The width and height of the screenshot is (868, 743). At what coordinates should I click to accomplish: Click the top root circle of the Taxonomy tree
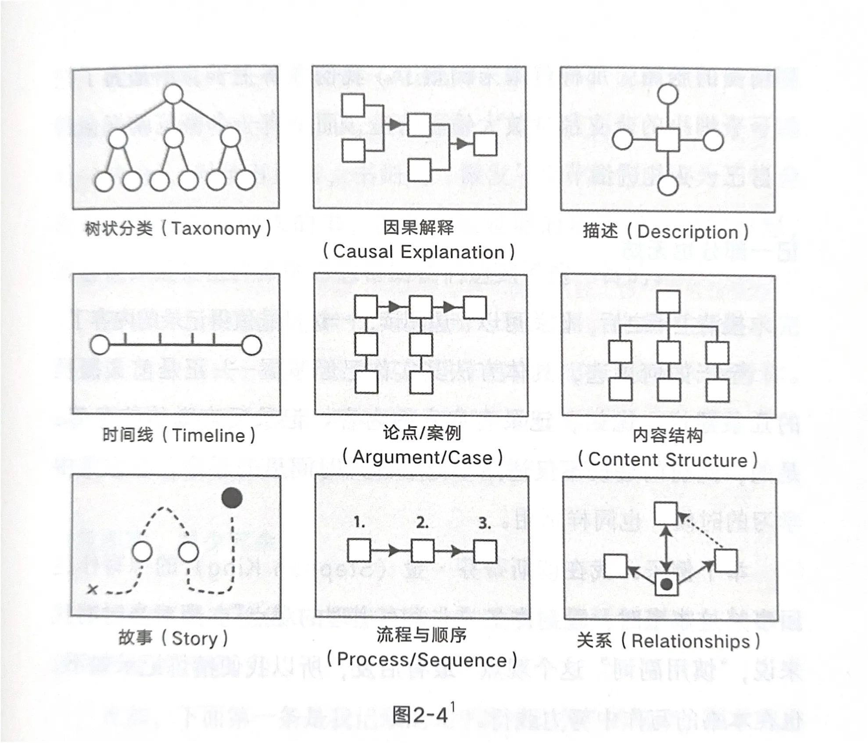click(173, 94)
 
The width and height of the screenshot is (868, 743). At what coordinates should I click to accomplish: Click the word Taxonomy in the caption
click(215, 229)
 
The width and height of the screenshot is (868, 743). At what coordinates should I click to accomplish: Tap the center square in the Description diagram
click(667, 141)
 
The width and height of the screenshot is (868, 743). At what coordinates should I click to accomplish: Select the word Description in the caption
click(687, 232)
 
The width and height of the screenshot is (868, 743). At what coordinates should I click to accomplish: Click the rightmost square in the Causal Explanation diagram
click(485, 144)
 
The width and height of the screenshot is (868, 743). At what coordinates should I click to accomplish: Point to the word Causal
click(363, 252)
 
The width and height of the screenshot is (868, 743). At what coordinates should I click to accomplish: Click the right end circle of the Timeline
click(251, 345)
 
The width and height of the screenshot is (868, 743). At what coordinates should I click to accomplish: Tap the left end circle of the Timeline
click(100, 345)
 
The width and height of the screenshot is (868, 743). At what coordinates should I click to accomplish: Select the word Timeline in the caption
click(208, 436)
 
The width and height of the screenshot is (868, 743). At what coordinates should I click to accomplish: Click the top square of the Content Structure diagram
click(668, 302)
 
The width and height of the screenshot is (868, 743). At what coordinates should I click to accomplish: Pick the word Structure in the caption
click(706, 460)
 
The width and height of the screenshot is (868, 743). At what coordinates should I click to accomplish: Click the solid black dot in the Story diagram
click(232, 498)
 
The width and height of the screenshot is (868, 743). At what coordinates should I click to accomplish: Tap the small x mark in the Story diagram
click(92, 589)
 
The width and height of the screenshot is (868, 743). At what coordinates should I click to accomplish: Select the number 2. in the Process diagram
click(422, 523)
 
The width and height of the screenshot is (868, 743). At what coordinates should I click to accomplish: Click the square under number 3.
click(485, 552)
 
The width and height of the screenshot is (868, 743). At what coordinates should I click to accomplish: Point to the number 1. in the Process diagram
click(359, 522)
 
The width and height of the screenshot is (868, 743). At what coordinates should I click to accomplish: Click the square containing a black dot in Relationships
click(667, 584)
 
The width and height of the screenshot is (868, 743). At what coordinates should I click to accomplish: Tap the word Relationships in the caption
click(690, 642)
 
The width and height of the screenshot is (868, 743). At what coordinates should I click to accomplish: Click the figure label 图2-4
click(420, 715)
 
